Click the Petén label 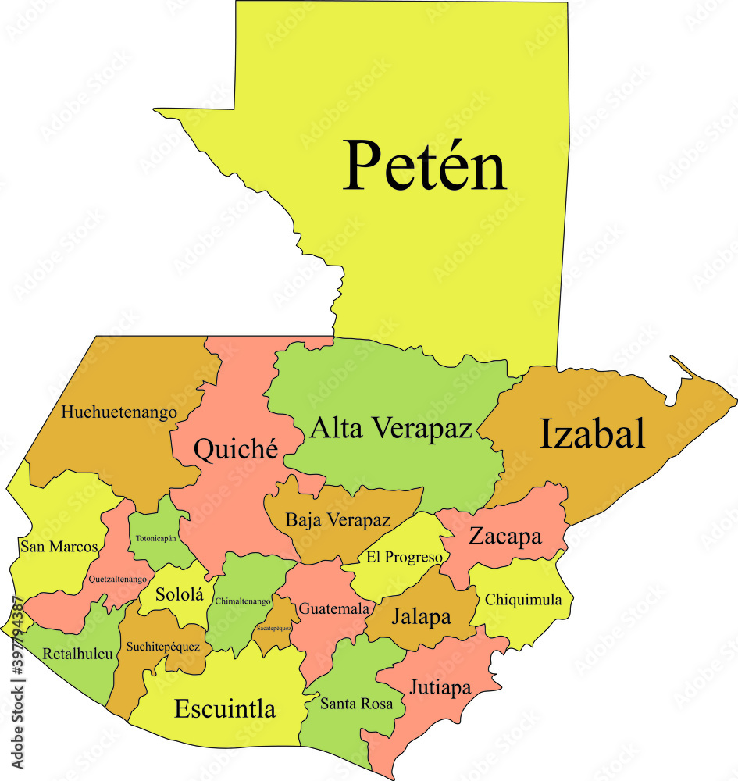[424, 166]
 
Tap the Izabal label [593, 434]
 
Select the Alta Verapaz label [391, 428]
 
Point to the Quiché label [236, 449]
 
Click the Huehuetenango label [119, 412]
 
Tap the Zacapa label [504, 537]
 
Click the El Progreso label [404, 558]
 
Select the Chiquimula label [523, 600]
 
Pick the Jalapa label [421, 616]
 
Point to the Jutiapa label [440, 688]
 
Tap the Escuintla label [225, 709]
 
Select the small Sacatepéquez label [274, 628]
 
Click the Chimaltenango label [243, 601]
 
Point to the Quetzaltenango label [118, 580]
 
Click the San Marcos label [59, 547]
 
